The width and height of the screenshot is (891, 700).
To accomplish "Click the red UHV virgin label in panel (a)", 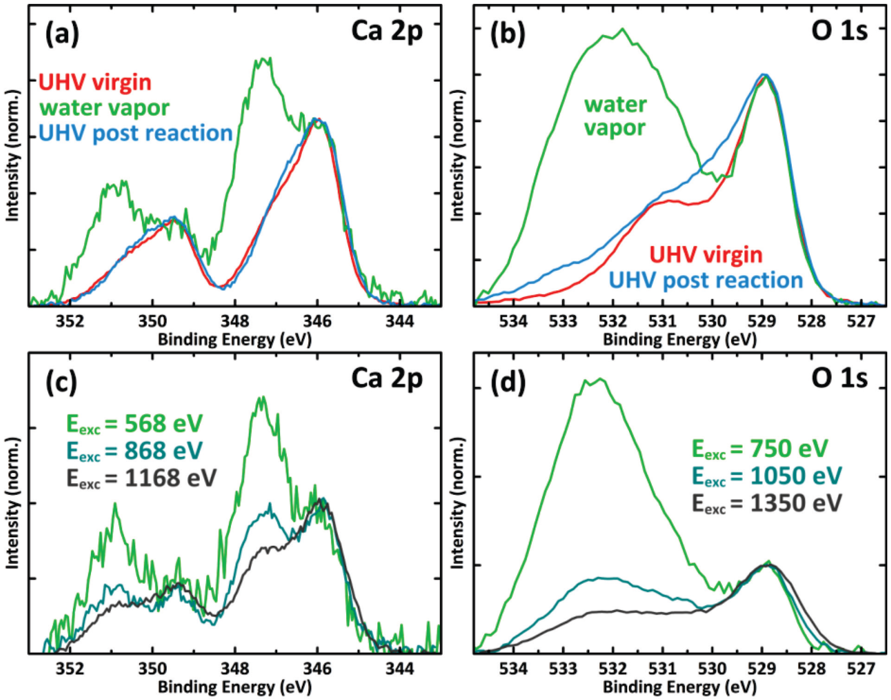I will point(95,83).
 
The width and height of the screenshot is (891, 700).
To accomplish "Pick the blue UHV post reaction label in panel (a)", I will point(136,133).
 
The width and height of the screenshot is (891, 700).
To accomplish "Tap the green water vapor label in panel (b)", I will point(616,117).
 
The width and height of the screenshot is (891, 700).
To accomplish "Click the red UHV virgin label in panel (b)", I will point(706,255).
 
